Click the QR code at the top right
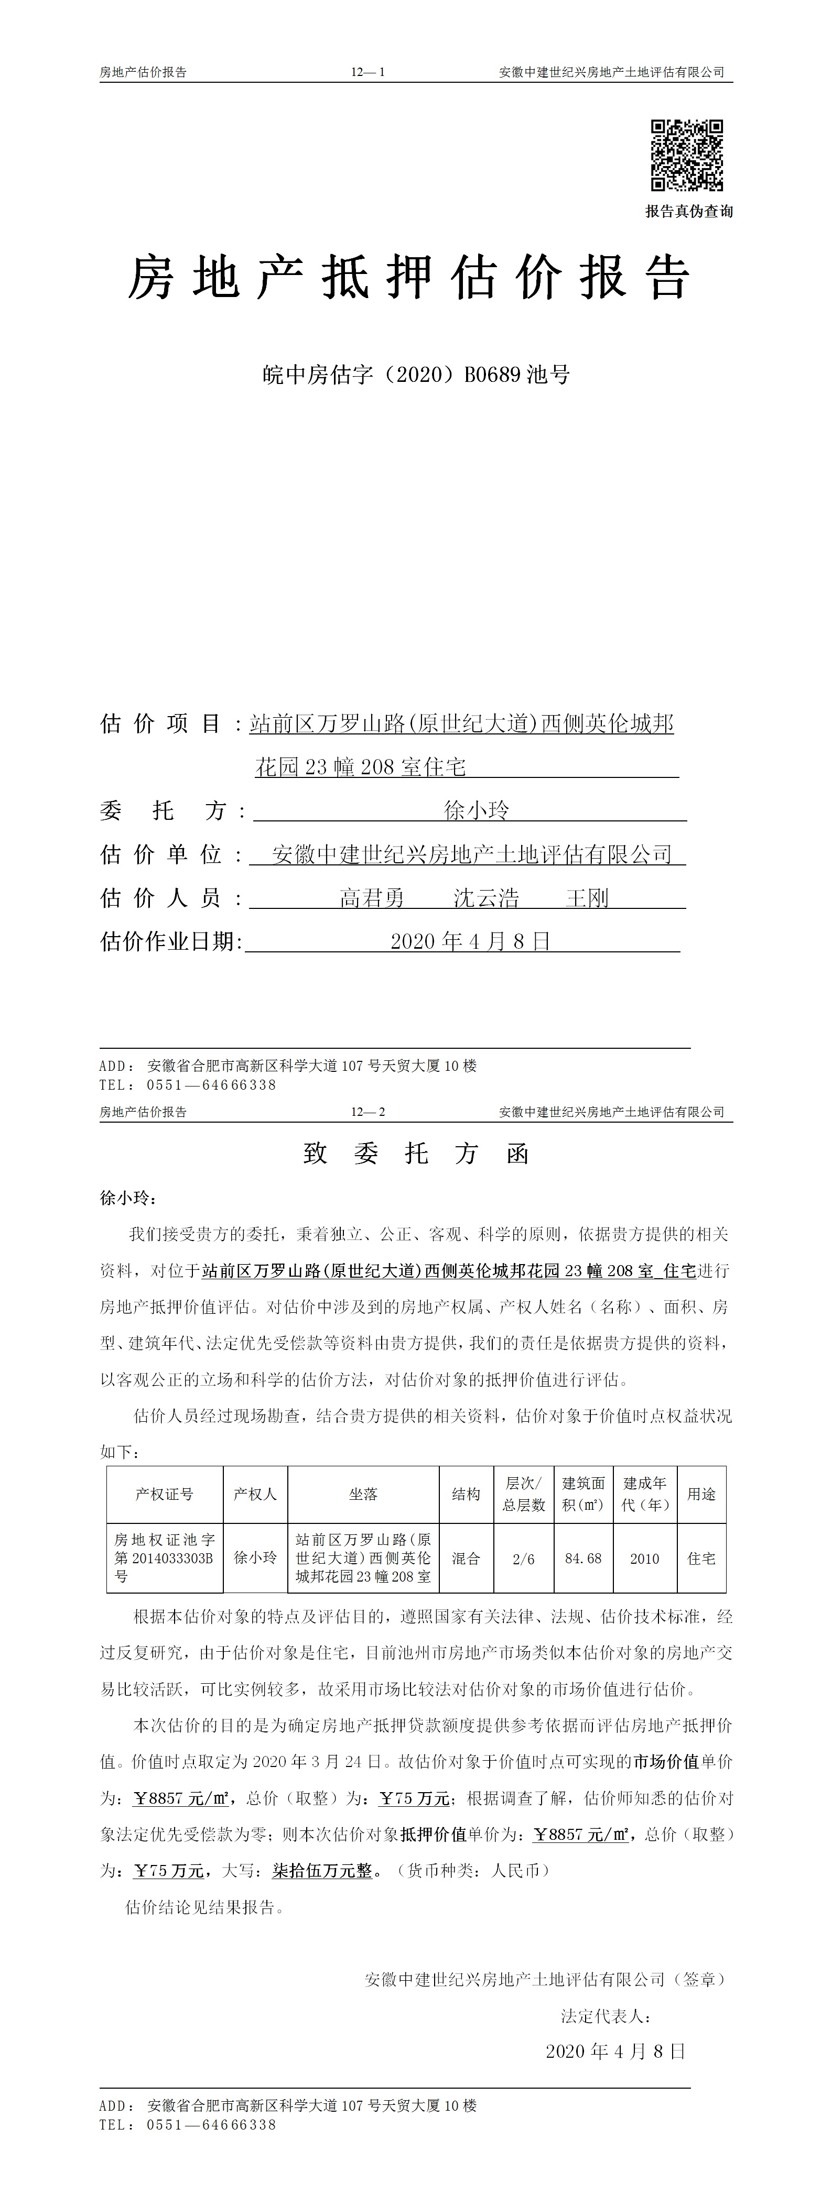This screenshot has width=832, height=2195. (x=687, y=155)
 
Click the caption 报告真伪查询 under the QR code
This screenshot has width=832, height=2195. (x=689, y=211)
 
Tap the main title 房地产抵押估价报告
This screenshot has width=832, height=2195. (x=408, y=278)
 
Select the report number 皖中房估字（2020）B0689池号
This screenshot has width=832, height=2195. (x=416, y=374)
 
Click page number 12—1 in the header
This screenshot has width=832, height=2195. (x=368, y=72)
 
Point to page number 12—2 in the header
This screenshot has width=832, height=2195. (x=368, y=1112)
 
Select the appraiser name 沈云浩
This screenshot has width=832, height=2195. (x=486, y=897)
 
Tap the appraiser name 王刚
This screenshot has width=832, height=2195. (x=587, y=897)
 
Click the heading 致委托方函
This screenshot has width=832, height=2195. (x=416, y=1154)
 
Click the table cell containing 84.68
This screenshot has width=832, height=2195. (x=583, y=1559)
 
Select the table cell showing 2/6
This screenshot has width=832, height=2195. (x=523, y=1559)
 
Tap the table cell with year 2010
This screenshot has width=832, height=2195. (x=644, y=1559)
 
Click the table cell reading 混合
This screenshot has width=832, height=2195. (x=466, y=1559)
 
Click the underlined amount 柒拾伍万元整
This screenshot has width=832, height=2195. (x=322, y=1870)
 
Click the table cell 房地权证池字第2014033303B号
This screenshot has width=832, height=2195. (x=165, y=1559)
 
